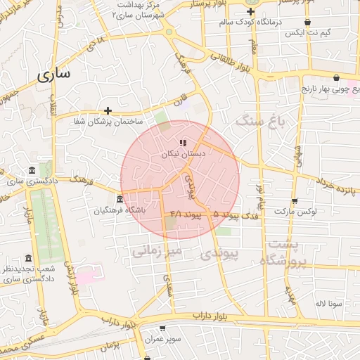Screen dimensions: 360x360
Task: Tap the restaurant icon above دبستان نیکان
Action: coord(184,143)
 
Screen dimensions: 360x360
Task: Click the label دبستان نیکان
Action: coord(183,153)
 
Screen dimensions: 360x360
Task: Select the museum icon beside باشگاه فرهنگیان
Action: coord(121,199)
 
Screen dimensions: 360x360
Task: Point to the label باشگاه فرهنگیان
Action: coord(122,210)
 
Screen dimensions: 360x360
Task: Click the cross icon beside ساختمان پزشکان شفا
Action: coord(108,110)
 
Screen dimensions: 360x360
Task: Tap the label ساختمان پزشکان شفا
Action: coord(107,122)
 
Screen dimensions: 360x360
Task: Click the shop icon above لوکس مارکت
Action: coord(295,200)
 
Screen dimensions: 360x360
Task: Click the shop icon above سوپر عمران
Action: coord(163,328)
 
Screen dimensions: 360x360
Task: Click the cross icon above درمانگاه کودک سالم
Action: coord(251,12)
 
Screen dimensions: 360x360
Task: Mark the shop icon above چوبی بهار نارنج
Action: coord(337,78)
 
